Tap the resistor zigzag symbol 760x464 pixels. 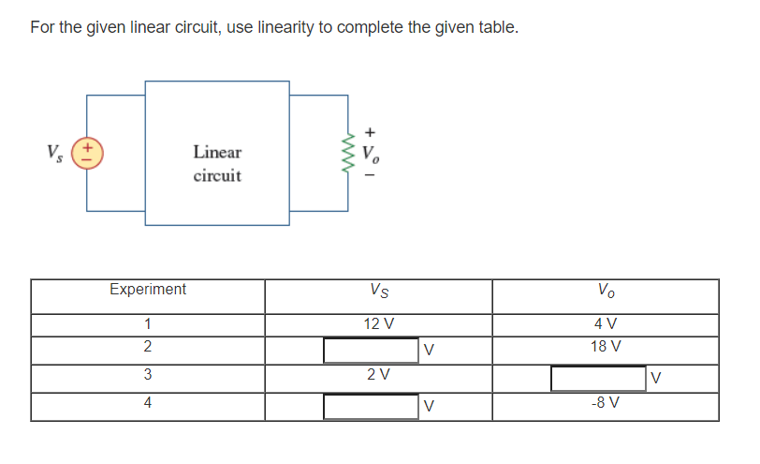click(350, 154)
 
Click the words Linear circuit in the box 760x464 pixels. click(217, 163)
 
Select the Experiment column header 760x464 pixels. click(147, 290)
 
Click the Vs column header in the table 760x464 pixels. click(378, 291)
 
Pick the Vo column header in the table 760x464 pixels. click(606, 291)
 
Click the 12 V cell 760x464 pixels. click(378, 324)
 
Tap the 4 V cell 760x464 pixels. click(606, 324)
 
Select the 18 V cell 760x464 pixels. click(606, 346)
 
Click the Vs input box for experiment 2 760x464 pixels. click(371, 351)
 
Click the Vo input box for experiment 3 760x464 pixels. click(598, 379)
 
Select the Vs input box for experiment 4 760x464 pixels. click(371, 407)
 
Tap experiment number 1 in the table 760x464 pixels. click(147, 324)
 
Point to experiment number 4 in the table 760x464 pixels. click(147, 403)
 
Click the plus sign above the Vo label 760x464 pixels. click(372, 131)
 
